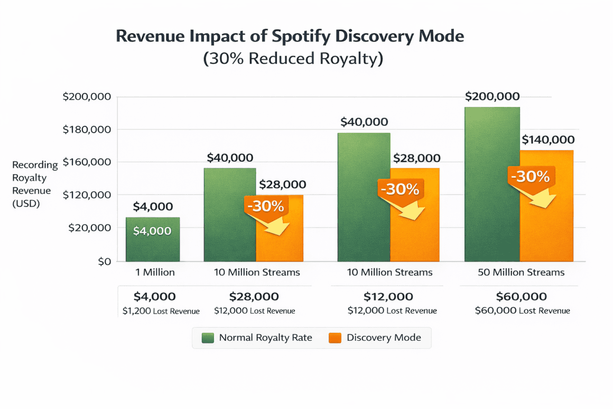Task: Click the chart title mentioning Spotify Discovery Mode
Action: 290,37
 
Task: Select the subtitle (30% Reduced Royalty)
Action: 293,58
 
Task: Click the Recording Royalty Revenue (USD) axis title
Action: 32,184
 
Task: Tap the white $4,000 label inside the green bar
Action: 152,231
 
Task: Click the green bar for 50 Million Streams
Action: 492,185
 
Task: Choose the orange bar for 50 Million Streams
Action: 546,222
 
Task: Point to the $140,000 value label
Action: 548,140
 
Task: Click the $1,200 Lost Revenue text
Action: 161,311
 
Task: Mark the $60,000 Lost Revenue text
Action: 522,311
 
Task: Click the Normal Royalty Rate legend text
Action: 265,338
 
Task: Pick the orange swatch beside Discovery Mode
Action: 335,338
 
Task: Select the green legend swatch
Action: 208,338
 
